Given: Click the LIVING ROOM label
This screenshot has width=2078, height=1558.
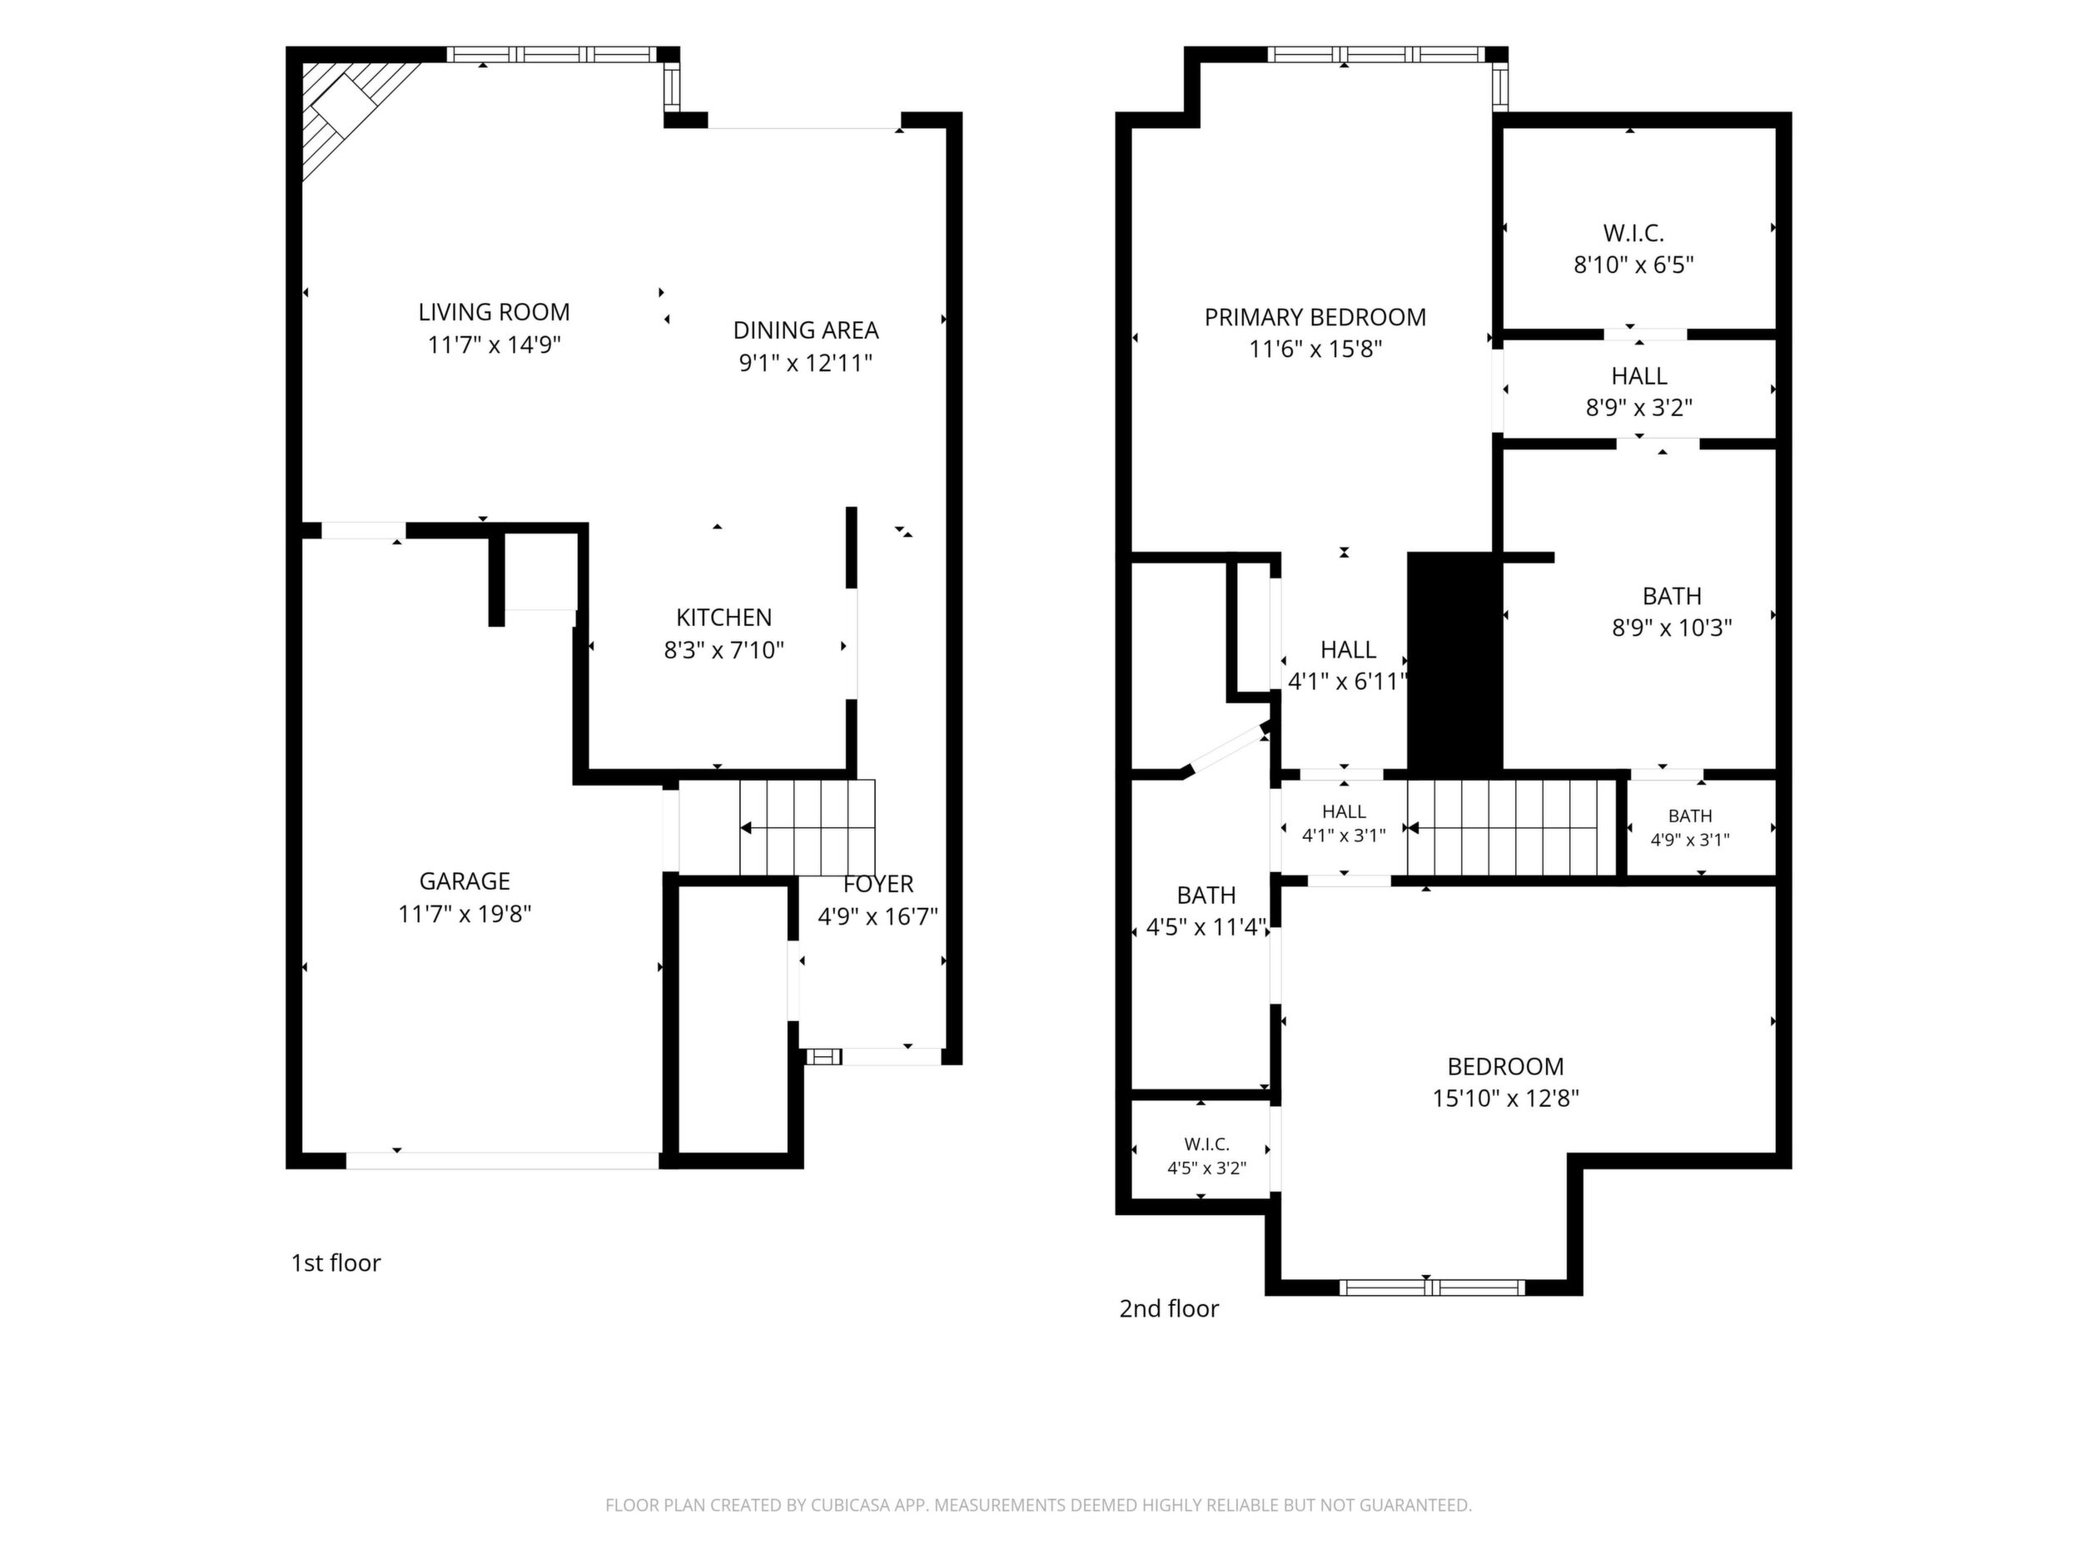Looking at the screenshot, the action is click(x=495, y=312).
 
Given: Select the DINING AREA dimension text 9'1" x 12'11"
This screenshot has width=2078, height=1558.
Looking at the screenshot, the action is click(x=806, y=363).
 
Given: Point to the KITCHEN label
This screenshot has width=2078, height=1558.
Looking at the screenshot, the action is click(x=724, y=617).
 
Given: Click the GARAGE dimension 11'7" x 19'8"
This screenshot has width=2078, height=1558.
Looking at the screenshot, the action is click(x=465, y=914).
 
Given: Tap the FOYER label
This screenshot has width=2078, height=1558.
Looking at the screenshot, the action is click(x=878, y=884).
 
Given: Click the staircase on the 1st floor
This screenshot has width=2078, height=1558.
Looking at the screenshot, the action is click(x=807, y=827).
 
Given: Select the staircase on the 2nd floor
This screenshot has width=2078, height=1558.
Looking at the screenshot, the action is click(x=1502, y=827).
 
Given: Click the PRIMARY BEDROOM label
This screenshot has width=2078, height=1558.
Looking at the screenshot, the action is click(x=1315, y=317).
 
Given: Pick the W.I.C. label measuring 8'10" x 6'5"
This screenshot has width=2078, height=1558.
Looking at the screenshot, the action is click(x=1633, y=233).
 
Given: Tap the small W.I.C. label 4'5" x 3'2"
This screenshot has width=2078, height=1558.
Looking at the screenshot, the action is click(x=1207, y=1144).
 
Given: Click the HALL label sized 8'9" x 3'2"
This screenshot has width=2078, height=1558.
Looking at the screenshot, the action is click(x=1639, y=375).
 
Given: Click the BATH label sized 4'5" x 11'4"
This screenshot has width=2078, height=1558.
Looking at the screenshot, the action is click(x=1206, y=895).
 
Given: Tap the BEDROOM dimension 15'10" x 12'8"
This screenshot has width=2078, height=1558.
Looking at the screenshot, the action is click(x=1506, y=1098).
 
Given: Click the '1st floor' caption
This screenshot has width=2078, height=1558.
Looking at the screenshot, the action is click(x=336, y=1263).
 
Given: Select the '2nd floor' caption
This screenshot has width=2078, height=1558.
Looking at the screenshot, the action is click(x=1169, y=1308).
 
